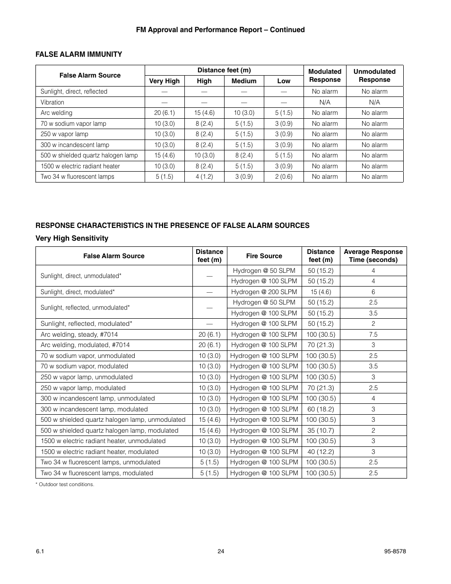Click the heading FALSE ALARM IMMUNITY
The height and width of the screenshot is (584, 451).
click(x=78, y=54)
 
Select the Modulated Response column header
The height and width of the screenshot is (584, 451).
click(x=325, y=76)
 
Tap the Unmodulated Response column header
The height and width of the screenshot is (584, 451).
click(x=374, y=76)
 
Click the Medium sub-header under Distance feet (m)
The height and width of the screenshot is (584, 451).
click(x=244, y=81)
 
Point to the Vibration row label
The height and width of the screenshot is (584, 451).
click(x=52, y=102)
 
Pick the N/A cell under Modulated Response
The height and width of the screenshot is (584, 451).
click(x=325, y=102)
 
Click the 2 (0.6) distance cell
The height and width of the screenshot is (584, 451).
click(x=284, y=177)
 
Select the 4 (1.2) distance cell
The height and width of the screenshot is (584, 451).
click(x=204, y=177)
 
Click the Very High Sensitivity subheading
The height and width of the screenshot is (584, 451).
click(x=72, y=238)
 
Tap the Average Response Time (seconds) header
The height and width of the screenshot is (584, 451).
click(x=373, y=256)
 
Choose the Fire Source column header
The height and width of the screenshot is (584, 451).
click(x=264, y=256)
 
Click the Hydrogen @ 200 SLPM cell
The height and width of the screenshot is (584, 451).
click(x=264, y=292)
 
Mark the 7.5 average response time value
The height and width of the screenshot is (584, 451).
click(x=373, y=334)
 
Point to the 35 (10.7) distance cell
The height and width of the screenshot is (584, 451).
click(x=321, y=430)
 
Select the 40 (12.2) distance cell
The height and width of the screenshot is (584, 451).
click(x=321, y=452)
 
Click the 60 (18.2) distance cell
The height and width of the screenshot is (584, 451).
click(x=321, y=409)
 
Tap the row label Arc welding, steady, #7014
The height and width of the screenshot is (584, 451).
click(x=79, y=334)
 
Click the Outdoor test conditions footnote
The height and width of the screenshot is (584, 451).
click(x=65, y=484)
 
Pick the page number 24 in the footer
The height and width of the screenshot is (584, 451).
click(x=221, y=551)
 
